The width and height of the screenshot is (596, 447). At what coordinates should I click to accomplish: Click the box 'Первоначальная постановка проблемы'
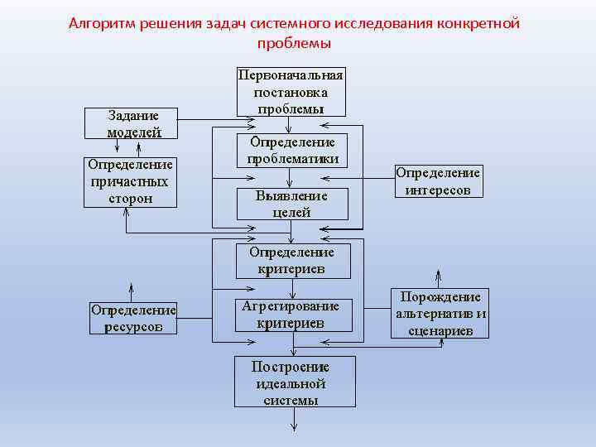coord(291,91)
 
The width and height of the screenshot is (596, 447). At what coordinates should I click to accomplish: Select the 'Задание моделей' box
coord(133,123)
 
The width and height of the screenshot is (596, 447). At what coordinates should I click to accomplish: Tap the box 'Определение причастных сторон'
coord(130,181)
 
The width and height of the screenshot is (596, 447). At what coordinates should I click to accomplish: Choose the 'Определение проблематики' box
coord(292,150)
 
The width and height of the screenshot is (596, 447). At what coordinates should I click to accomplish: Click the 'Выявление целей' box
coord(292,204)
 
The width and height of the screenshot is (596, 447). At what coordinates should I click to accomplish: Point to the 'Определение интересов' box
coord(438,181)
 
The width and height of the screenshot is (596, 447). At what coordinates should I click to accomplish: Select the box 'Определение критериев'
coord(292,260)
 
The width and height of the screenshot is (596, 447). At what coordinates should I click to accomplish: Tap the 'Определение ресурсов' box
coord(133,318)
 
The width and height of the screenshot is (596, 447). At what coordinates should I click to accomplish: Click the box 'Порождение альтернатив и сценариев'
coord(440,313)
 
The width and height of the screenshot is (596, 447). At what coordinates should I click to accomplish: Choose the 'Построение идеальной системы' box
coord(294,382)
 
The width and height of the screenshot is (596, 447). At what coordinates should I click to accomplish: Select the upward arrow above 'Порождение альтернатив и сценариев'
coord(439,276)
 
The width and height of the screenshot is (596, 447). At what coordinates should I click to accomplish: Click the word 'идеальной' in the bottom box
coord(291,383)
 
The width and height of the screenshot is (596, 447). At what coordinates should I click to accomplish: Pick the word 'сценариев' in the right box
coord(440,330)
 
